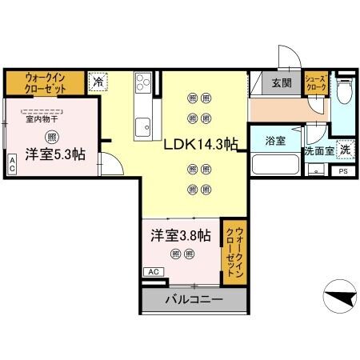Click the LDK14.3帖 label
pos(200,146)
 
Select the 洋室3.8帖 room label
pos(182,236)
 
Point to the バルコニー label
pos(194,300)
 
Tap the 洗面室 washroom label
pos(318,150)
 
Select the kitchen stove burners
pos(144,83)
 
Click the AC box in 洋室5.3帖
pos(12,164)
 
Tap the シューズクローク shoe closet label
pos(314,83)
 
